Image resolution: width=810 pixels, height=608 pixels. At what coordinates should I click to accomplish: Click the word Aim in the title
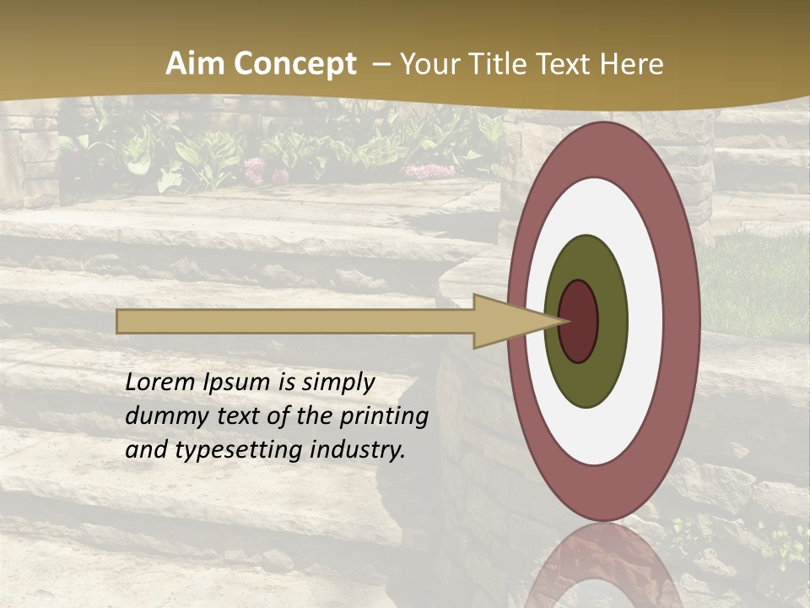(x=194, y=64)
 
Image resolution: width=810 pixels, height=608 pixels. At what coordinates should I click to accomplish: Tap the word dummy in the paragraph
(x=161, y=416)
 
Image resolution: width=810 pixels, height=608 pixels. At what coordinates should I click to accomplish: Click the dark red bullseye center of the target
(x=579, y=322)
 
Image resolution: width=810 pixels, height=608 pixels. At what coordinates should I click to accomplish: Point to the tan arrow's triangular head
(x=506, y=321)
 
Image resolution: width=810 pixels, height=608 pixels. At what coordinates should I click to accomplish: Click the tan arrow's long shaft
(x=295, y=321)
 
